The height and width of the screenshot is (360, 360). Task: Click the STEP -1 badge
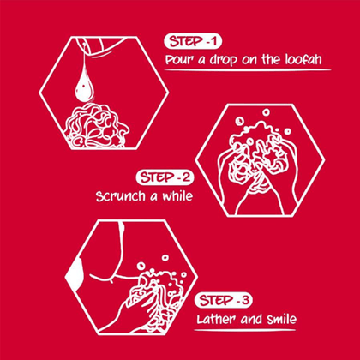point(193,42)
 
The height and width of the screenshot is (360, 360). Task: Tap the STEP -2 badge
point(165,177)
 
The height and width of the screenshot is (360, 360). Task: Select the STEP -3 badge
point(224,300)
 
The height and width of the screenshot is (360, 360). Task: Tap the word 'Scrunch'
point(120,196)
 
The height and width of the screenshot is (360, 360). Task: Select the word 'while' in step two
point(177,196)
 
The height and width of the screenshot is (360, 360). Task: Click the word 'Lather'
point(216,319)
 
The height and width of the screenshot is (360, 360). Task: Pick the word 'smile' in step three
point(281,319)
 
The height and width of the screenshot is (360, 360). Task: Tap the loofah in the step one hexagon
point(97,126)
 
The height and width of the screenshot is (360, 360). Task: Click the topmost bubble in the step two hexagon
point(267,112)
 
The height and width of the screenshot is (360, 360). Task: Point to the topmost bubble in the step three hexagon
point(165,258)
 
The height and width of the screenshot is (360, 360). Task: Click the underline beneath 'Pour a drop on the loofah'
point(248,70)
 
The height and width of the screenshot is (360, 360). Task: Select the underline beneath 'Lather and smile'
point(244,330)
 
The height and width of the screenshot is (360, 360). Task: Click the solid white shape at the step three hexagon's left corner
point(75,273)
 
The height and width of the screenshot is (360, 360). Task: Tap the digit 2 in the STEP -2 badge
point(186,177)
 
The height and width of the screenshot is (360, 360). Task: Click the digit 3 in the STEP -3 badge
point(245,301)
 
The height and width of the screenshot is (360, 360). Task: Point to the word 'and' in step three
point(251,319)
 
